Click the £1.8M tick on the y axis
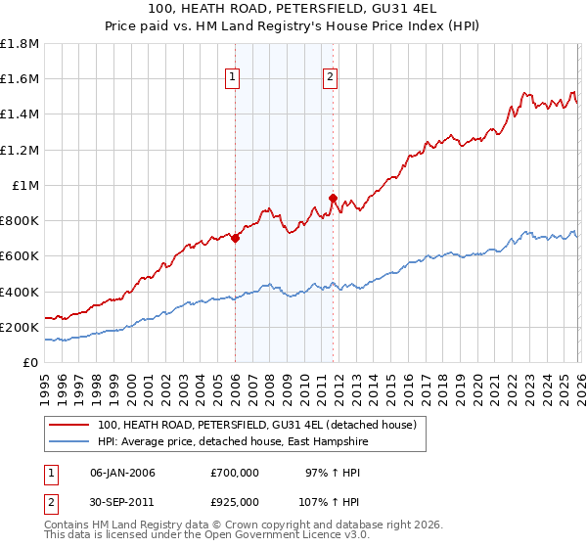[x=21, y=44]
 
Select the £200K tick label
[x=21, y=328]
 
